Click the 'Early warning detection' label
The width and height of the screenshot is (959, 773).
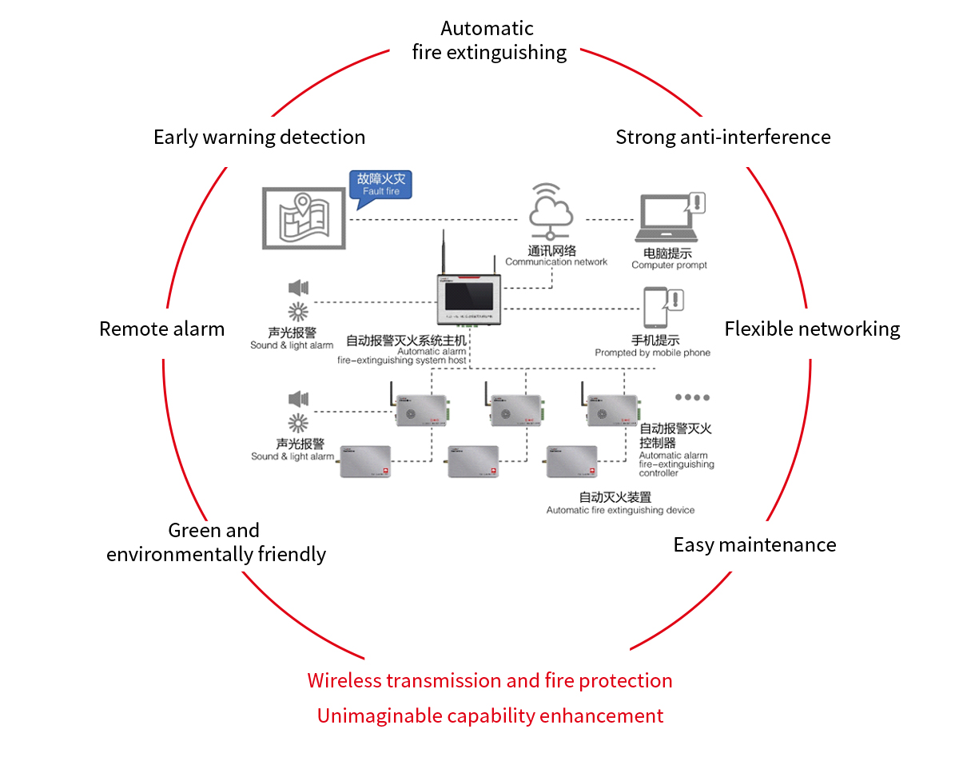point(259,137)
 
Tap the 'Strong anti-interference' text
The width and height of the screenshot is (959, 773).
point(722,137)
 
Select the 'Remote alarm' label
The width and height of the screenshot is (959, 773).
point(161,329)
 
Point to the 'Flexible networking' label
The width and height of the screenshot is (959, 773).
point(812,329)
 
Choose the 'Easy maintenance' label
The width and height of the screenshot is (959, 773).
point(754,544)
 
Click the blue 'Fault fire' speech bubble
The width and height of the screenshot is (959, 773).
point(380,184)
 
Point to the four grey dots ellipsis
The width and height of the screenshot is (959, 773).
point(692,397)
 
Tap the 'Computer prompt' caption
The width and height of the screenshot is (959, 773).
point(669,265)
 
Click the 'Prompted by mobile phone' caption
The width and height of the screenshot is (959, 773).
point(652,353)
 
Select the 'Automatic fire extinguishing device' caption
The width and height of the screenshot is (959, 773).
point(620,510)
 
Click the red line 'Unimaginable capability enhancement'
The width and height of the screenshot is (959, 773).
point(490,715)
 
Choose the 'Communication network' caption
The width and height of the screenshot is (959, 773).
point(556,261)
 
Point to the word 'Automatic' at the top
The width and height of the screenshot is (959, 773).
point(487,29)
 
